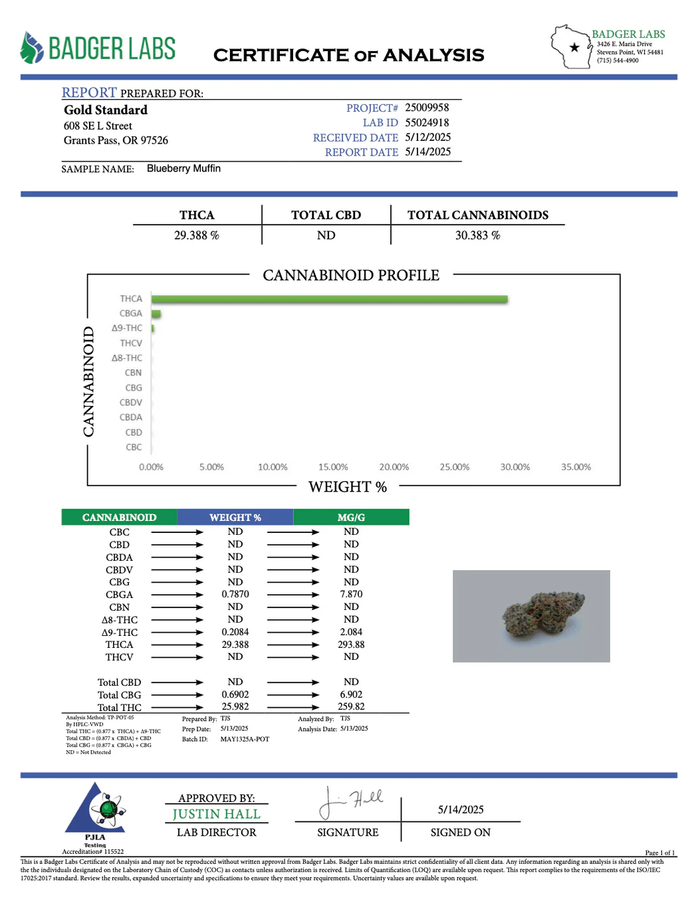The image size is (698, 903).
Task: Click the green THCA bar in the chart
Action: point(329,300)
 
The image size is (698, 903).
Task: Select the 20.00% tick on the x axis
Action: point(394,467)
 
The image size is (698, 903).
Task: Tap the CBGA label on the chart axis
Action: point(131,314)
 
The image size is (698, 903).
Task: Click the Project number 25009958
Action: point(427,108)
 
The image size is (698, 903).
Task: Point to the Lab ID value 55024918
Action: point(427,123)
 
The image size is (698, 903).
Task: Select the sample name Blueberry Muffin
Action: point(183,169)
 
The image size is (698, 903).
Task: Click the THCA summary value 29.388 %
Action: point(197,235)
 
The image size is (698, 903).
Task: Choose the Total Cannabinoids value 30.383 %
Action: point(477,235)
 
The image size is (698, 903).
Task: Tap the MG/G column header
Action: point(351,518)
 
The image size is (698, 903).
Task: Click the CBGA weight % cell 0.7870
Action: point(235,595)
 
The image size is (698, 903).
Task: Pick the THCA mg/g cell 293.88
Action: point(351,645)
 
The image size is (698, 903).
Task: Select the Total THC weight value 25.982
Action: point(235,707)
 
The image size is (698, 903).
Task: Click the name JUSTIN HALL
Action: point(216,815)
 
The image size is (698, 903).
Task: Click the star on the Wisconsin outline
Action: point(574,47)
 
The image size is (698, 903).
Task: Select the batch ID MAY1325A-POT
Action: point(245,739)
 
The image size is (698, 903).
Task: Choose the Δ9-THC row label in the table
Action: point(120,633)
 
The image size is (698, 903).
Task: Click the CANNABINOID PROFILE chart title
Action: point(351,275)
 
